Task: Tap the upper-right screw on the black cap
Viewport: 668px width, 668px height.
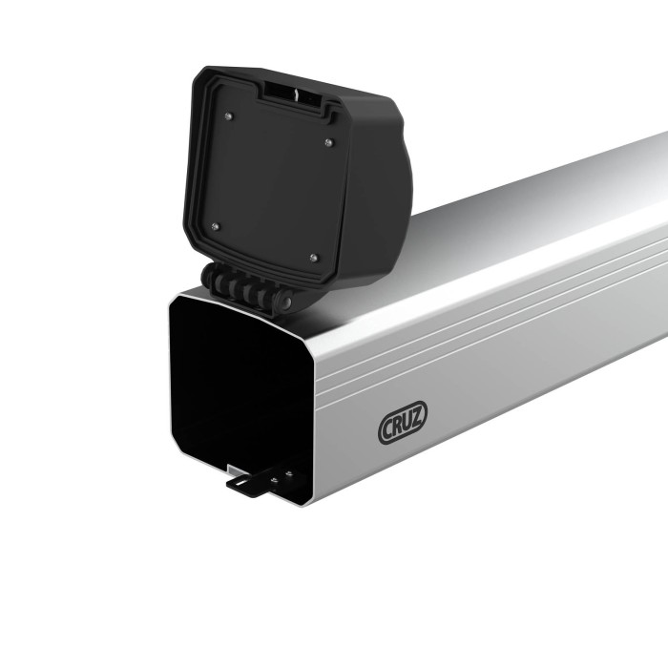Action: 329,143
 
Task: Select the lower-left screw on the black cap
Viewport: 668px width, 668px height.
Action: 214,226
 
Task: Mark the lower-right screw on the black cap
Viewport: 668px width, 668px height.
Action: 313,257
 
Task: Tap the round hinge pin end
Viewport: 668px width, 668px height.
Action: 284,301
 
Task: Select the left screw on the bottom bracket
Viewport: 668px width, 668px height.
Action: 273,482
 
